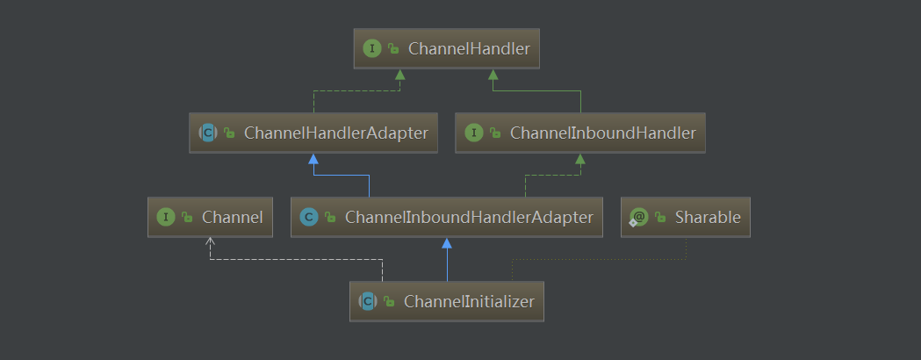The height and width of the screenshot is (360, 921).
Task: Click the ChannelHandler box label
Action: point(470,49)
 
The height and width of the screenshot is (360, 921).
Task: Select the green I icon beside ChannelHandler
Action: point(372,49)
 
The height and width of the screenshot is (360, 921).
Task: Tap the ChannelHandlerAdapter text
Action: point(336,133)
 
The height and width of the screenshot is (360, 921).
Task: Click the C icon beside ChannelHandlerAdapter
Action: point(208,133)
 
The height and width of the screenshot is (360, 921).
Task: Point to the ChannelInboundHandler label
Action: point(602,133)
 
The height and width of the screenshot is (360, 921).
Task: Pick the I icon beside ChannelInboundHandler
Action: point(474,133)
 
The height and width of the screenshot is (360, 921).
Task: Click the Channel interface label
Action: point(232,217)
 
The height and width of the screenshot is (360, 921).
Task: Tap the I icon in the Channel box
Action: point(165,217)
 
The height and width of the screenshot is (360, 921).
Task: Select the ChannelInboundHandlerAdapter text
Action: point(470,217)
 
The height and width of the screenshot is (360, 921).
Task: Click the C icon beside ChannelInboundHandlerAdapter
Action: point(308,217)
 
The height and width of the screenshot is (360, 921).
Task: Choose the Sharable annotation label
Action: point(708,217)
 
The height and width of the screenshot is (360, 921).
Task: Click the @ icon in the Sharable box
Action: point(638,217)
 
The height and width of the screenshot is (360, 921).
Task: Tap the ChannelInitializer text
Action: point(470,301)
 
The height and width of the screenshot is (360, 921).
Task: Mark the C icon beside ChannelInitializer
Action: point(367,301)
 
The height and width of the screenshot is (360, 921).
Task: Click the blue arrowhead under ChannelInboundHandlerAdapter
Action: point(447,243)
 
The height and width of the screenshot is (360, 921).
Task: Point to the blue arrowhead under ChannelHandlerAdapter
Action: point(313,159)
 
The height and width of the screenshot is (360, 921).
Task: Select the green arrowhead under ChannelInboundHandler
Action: point(580,159)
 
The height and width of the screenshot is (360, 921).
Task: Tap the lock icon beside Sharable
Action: point(660,218)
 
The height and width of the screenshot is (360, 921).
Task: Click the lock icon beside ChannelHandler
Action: point(394,50)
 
